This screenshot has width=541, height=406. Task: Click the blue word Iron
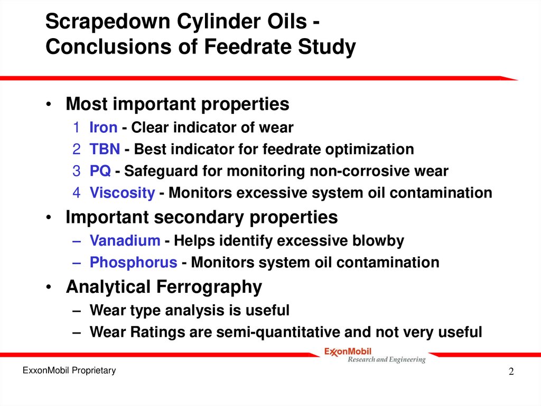pyautogui.click(x=103, y=128)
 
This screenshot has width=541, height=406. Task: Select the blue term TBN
pyautogui.click(x=105, y=149)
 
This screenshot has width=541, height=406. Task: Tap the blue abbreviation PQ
pyautogui.click(x=100, y=171)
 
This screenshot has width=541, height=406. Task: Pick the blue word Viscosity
pyautogui.click(x=122, y=193)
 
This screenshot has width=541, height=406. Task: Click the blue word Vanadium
pyautogui.click(x=125, y=241)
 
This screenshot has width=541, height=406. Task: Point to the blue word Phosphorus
pyautogui.click(x=133, y=263)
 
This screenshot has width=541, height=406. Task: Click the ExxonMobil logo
pyautogui.click(x=348, y=351)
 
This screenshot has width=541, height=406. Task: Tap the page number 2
pyautogui.click(x=511, y=372)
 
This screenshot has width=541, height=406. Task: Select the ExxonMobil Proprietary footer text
pyautogui.click(x=69, y=371)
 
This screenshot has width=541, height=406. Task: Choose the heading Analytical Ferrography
pyautogui.click(x=164, y=287)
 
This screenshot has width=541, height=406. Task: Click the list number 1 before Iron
pyautogui.click(x=77, y=128)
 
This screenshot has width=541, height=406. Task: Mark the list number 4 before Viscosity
pyautogui.click(x=77, y=193)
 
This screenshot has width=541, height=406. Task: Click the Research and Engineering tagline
pyautogui.click(x=386, y=360)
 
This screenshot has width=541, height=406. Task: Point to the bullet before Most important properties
pyautogui.click(x=49, y=105)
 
